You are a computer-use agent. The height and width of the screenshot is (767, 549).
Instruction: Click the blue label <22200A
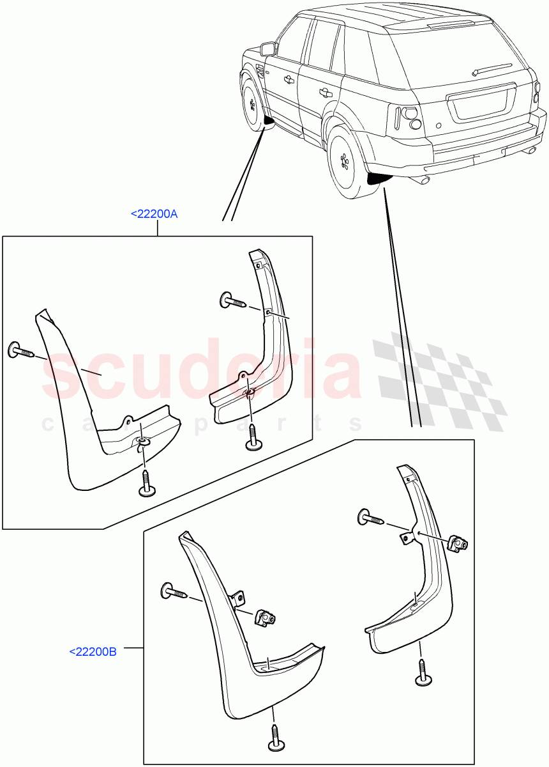(x=154, y=215)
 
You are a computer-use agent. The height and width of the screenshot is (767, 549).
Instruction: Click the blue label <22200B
(x=93, y=652)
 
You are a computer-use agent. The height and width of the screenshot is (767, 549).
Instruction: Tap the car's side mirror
(x=268, y=49)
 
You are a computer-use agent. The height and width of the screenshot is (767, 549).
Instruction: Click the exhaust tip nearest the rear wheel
(x=422, y=182)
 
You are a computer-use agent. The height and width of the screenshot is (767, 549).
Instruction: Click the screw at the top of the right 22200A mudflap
(x=232, y=299)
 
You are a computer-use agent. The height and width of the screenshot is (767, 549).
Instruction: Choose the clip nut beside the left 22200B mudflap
(x=266, y=618)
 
